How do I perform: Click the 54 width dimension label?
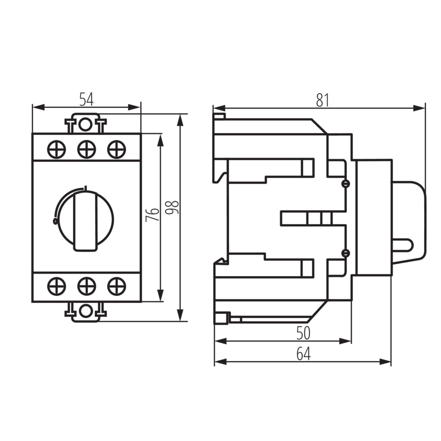86,99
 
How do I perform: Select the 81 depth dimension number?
322,100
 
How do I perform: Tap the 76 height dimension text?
152,215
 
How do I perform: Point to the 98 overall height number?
171,207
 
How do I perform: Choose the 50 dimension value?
304,333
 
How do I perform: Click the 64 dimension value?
304,354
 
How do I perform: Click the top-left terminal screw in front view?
56,149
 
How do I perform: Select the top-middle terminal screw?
86,149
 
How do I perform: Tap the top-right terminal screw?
116,149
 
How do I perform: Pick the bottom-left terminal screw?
56,286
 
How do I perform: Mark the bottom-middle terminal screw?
86,286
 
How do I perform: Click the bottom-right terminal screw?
116,286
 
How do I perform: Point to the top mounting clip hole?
85,124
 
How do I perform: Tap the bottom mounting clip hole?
85,311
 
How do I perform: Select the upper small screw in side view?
345,183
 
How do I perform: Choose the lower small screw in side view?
345,253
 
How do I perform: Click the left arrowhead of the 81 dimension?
220,108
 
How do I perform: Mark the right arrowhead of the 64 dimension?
385,362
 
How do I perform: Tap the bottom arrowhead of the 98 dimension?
180,315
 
